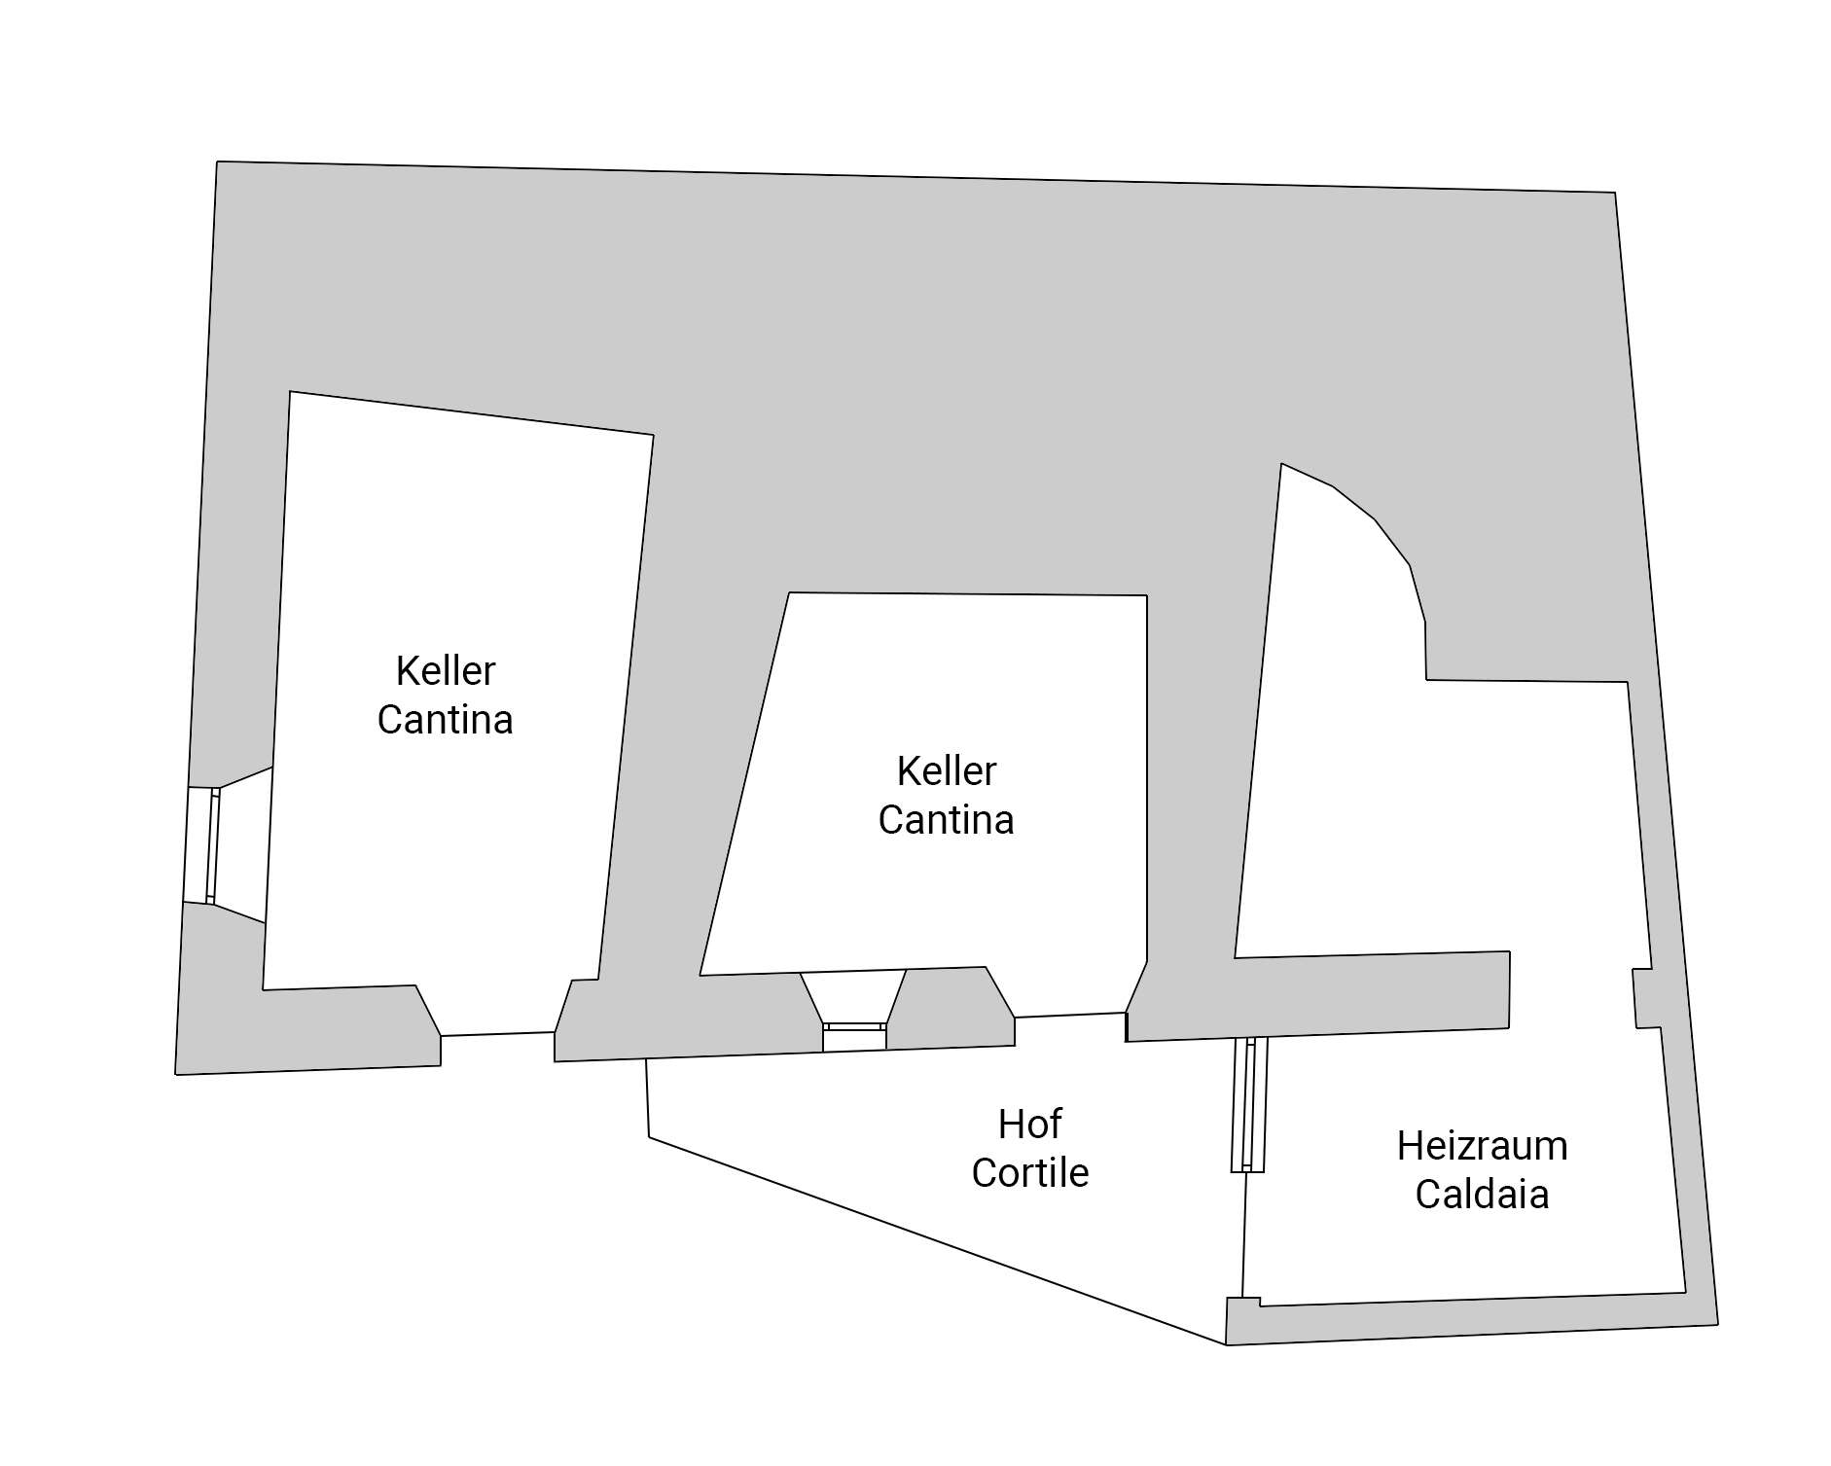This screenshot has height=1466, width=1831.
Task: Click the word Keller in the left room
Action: pos(446,671)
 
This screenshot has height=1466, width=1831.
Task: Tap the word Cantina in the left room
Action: pos(446,720)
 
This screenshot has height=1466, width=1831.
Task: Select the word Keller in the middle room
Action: pos(947,771)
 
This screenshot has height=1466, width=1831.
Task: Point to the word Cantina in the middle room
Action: pos(947,820)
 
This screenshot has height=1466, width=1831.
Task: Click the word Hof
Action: pos(1029,1125)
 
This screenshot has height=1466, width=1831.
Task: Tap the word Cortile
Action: pos(1029,1173)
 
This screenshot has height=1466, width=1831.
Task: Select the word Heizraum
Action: pos(1482,1146)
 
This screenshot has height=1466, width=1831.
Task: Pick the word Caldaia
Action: pos(1482,1195)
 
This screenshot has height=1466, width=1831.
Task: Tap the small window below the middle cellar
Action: pos(854,1027)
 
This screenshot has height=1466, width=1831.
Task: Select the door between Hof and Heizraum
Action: pos(1249,1104)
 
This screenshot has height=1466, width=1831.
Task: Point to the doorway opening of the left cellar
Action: pos(498,1034)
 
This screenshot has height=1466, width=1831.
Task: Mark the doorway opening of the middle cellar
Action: pos(1070,1016)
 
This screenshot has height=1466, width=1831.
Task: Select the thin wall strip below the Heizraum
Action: pos(1469,1318)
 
